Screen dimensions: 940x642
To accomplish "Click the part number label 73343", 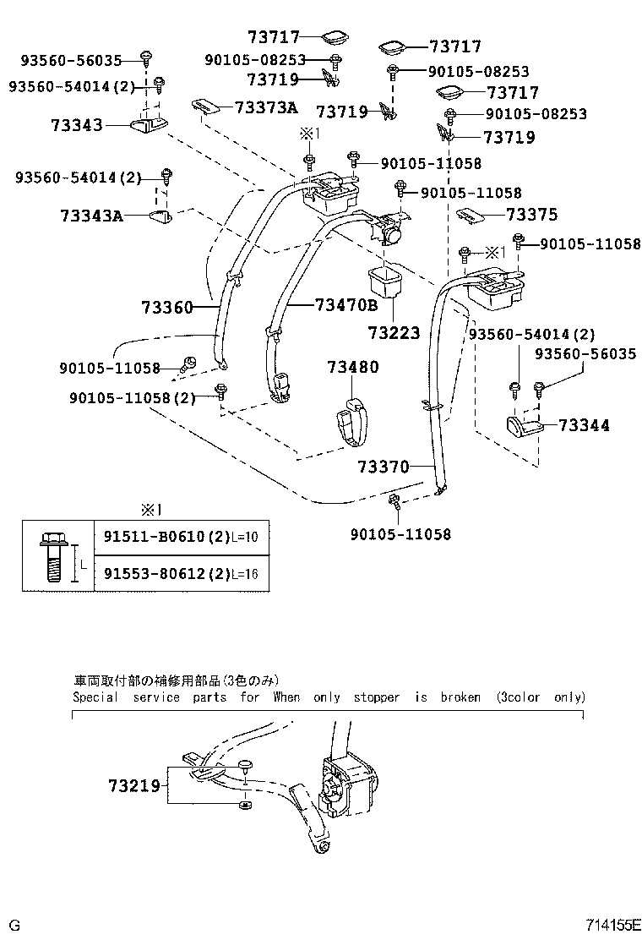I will click(76, 125).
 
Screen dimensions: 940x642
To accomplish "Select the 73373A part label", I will click(266, 107).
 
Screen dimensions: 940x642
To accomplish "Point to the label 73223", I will click(394, 333).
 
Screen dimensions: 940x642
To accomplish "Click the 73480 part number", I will click(353, 367).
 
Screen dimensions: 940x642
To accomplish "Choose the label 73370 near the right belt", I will click(383, 467).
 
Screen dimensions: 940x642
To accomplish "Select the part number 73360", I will click(167, 308).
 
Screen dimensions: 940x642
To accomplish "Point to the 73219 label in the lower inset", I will click(133, 785).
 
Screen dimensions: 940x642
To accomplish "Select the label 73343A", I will click(91, 216).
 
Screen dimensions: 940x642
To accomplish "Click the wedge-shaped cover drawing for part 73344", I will click(523, 427).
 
